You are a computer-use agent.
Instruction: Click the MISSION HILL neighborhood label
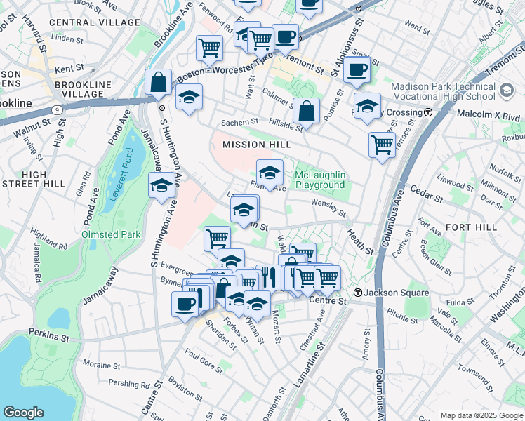click(x=256, y=145)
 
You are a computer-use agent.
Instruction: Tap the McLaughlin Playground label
click(x=319, y=180)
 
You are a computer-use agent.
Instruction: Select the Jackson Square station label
click(x=390, y=292)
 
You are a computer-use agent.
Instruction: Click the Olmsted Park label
click(x=110, y=234)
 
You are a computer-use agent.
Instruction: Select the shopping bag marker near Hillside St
click(x=307, y=111)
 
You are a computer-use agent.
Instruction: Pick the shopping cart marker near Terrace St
click(x=382, y=145)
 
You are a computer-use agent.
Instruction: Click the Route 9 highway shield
click(x=55, y=109)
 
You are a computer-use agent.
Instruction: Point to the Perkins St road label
click(x=49, y=337)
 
